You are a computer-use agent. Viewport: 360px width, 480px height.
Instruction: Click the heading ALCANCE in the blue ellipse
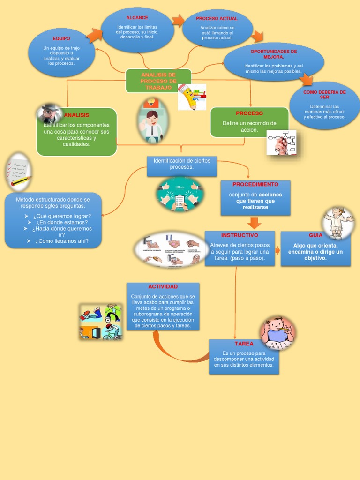point(137,17)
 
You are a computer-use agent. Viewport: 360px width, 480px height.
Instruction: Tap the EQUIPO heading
point(61,38)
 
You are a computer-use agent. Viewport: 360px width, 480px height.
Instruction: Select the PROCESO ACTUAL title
point(217,19)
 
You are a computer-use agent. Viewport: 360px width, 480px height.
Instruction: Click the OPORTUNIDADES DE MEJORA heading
point(274,53)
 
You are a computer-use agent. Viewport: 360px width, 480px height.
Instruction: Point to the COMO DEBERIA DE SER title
point(324,94)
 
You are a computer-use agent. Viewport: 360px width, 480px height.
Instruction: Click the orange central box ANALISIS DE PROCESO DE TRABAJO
point(158,81)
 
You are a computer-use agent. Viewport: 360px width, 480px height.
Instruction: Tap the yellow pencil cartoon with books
point(191,97)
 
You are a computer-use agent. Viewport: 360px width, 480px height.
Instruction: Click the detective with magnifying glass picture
point(49,113)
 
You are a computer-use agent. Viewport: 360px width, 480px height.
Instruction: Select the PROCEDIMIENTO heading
point(255,185)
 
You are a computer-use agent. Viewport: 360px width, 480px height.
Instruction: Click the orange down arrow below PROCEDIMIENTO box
point(255,222)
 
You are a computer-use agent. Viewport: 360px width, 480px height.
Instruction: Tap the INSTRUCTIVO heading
point(240,235)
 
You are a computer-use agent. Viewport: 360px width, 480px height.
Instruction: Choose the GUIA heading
point(315,235)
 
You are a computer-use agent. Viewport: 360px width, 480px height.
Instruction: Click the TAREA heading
point(244,344)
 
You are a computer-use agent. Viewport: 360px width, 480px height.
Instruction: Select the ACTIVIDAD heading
point(163,286)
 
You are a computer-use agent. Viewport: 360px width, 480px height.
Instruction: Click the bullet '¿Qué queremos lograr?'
point(62,216)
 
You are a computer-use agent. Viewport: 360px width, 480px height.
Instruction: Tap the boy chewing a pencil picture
point(277,332)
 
